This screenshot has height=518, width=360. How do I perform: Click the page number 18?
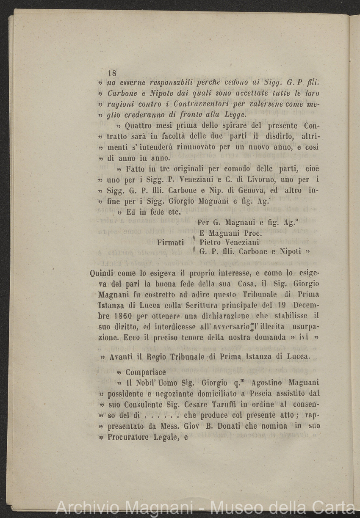(x=112, y=72)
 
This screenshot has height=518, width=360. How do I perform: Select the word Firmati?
(x=170, y=242)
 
